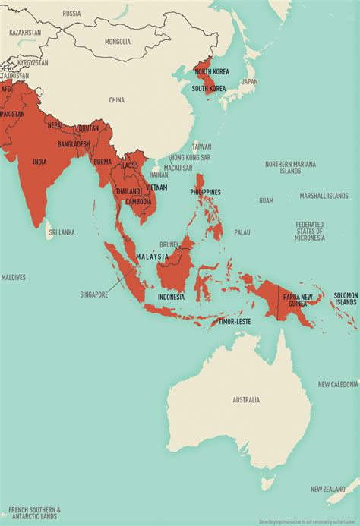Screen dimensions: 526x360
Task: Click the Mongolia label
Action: [118, 41]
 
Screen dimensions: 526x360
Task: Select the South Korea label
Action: [208, 89]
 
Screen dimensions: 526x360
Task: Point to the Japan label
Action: [249, 82]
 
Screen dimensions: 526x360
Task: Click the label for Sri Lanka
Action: [62, 232]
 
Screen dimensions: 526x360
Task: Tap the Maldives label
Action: [13, 277]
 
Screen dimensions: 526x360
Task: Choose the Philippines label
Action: [205, 192]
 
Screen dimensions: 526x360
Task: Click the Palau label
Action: [242, 232]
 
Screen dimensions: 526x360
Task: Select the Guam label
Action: [266, 200]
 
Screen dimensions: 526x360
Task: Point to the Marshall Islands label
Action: [324, 196]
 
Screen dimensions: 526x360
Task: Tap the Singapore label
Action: [95, 294]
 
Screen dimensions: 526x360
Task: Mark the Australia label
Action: [246, 399]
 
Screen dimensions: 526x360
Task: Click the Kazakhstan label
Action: [25, 33]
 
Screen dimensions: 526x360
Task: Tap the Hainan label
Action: [159, 174]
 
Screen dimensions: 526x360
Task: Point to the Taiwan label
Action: [201, 146]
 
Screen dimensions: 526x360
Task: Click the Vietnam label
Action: [156, 187]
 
